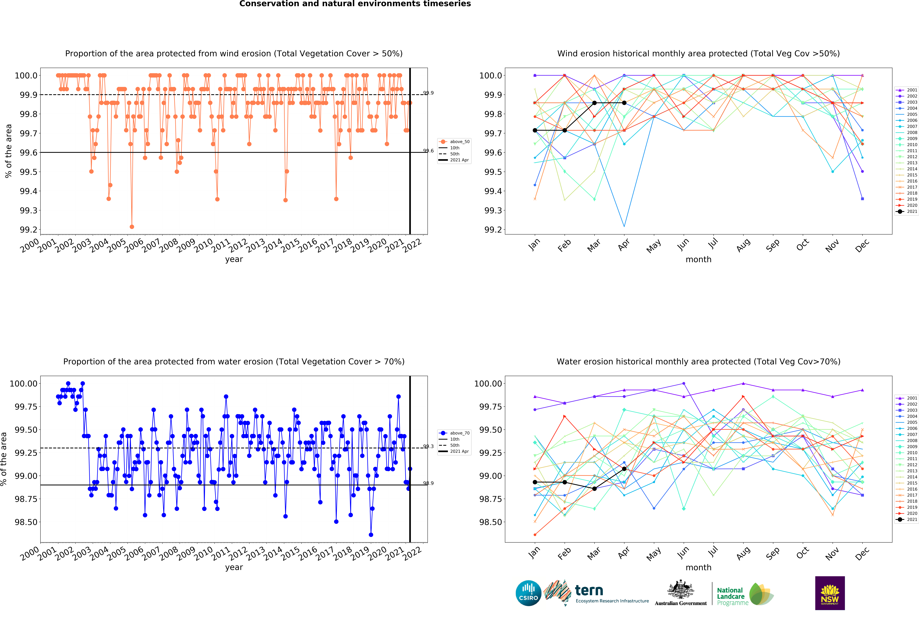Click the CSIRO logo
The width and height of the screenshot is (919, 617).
tap(528, 593)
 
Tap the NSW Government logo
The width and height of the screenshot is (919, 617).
tap(830, 593)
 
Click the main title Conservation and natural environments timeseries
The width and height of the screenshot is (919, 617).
tap(355, 4)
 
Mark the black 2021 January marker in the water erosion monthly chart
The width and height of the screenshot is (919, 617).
tap(535, 482)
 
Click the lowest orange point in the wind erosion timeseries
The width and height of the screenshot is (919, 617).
tap(132, 227)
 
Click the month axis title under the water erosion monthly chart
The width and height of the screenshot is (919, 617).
tap(698, 567)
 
